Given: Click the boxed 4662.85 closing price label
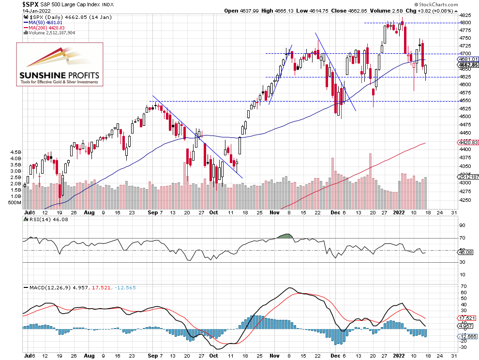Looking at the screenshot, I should tap(468, 65).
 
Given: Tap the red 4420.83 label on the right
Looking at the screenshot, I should tap(468, 143).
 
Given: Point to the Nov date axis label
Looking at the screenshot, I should tap(274, 212).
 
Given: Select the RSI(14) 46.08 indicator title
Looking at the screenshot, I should tap(41, 219).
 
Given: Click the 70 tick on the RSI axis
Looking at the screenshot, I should tap(462, 238).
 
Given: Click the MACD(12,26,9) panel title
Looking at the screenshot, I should tap(48, 288).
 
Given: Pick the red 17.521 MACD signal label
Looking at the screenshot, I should tap(468, 318).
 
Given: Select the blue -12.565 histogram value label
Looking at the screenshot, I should tap(468, 336).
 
